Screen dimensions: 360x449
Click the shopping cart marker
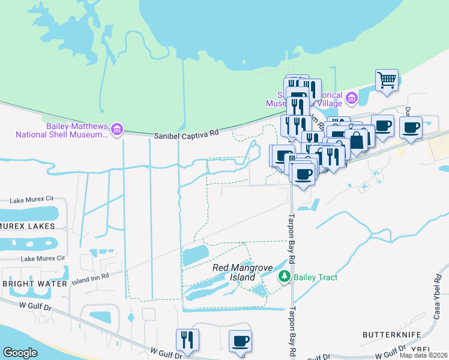387,80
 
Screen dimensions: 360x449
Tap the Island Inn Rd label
90,277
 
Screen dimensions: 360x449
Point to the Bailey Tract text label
316,277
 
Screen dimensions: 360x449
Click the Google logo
20,353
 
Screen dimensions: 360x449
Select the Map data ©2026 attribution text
424,355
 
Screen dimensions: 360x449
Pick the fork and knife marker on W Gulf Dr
187,340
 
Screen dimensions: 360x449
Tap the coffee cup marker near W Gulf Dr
240,341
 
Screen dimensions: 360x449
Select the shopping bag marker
357,140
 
